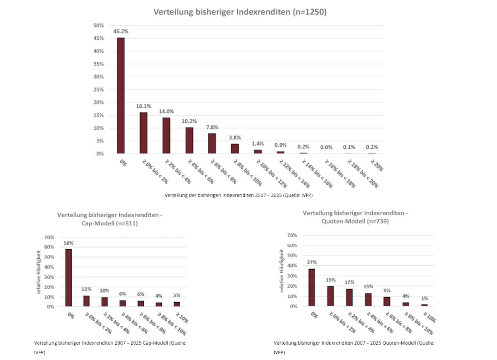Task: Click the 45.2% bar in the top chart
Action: point(121,95)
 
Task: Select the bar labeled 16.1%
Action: point(143,133)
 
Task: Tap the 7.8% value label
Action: point(211,127)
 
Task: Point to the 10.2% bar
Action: point(189,140)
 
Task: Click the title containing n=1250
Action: point(240,12)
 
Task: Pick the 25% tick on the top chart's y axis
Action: point(99,89)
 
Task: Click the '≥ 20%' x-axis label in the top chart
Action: point(376,166)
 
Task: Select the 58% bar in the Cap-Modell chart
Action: point(68,277)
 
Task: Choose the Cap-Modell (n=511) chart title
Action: point(110,219)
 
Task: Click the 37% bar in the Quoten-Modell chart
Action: point(312,287)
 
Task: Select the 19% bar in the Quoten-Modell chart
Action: point(331,296)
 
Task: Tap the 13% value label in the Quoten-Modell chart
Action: point(368,286)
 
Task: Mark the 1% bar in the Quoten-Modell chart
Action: point(424,305)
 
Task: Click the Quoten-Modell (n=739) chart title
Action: point(356,217)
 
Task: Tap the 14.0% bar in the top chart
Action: point(166,136)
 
